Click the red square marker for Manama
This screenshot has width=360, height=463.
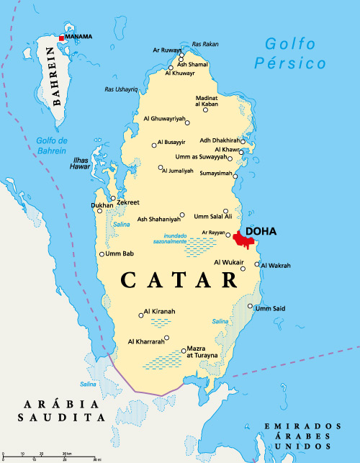[61, 37]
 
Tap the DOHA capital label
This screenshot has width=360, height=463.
[261, 232]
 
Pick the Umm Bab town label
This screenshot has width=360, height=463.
[120, 253]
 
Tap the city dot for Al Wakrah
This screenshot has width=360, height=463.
[256, 266]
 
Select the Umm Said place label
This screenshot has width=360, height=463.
[270, 308]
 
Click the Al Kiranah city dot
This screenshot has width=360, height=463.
[140, 315]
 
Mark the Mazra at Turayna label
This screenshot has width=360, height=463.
[202, 351]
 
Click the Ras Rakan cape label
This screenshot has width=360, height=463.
[205, 44]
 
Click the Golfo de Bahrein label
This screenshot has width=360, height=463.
[50, 145]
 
